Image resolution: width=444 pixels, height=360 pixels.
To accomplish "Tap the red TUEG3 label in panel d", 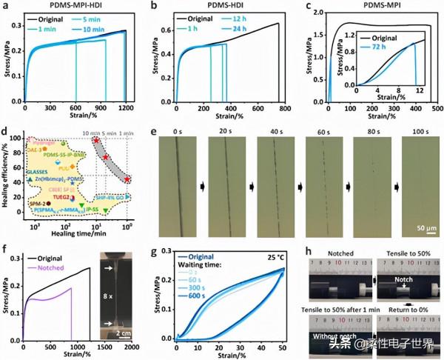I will pyautogui.click(x=62, y=197).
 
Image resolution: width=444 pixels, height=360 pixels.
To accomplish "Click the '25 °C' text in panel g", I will pyautogui.click(x=269, y=259).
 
